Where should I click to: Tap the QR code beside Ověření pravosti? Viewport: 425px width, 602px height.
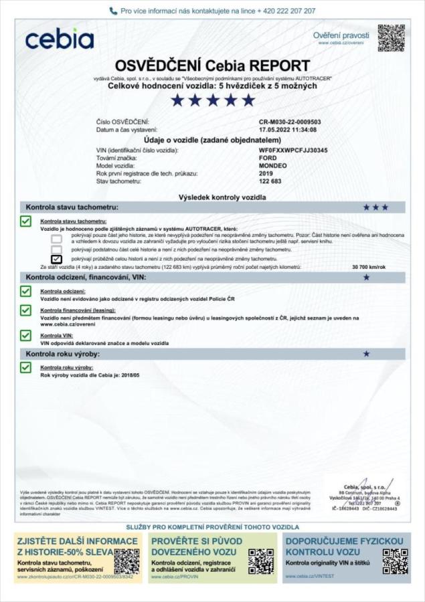click(x=391, y=38)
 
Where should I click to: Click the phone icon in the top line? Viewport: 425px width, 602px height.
click(x=113, y=11)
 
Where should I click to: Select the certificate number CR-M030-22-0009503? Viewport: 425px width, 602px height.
click(x=290, y=122)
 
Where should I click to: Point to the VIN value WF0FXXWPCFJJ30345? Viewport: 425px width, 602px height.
click(x=292, y=151)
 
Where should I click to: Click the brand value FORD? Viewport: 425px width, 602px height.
click(x=267, y=159)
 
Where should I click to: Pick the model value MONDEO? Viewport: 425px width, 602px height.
click(x=272, y=166)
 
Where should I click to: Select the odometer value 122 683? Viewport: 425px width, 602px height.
click(x=271, y=181)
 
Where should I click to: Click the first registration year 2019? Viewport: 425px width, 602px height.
click(x=266, y=173)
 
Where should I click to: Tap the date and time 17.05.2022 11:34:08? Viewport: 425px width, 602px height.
click(x=288, y=129)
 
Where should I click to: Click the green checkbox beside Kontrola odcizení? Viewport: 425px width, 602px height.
click(x=26, y=292)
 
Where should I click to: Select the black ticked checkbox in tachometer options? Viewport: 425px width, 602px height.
click(x=57, y=259)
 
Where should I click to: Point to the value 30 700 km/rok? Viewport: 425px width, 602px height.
click(x=369, y=266)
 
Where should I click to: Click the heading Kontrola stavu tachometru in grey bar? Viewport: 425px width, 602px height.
click(x=72, y=207)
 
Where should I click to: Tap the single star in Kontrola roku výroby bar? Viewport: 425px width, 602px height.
click(x=366, y=353)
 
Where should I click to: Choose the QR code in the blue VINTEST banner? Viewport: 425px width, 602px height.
click(x=395, y=561)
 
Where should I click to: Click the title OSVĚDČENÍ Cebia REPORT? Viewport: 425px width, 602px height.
click(x=212, y=66)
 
